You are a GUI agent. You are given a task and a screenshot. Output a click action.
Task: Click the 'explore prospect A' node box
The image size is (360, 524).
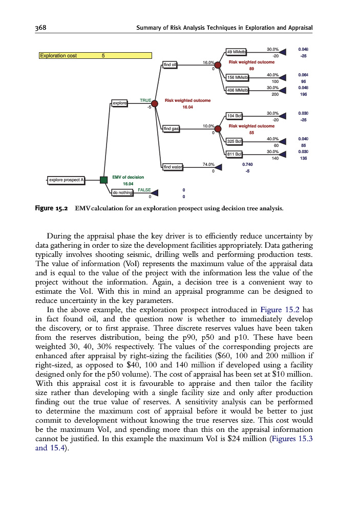pos(66,180)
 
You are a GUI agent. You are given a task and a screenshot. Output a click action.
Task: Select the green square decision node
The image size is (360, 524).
pos(103,180)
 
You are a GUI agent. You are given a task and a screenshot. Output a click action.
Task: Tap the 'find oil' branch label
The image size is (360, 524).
pos(170,64)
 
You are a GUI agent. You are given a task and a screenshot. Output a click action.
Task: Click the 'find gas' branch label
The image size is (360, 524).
pos(171,128)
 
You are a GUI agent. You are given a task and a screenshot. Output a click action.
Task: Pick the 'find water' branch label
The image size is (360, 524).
pos(173,166)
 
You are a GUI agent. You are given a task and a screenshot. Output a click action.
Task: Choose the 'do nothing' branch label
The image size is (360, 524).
pos(122,192)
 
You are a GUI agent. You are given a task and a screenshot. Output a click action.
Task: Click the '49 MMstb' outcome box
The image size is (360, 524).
pos(236,52)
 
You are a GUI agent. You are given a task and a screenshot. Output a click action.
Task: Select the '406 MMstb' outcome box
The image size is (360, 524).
pos(237,90)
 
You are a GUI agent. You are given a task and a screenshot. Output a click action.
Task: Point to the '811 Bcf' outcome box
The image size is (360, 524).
pos(235,154)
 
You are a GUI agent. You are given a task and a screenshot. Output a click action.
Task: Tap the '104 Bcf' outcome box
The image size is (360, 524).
pos(235,116)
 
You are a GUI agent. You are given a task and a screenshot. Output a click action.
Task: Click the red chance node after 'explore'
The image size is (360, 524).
pos(155,103)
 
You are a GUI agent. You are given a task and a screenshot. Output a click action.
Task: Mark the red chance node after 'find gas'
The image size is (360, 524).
pos(218,128)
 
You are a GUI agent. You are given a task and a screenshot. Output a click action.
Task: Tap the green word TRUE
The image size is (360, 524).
pos(145,100)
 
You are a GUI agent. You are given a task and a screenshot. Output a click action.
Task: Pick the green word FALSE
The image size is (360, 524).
pos(144,190)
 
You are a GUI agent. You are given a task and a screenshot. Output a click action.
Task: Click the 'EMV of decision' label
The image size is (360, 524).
pos(128,177)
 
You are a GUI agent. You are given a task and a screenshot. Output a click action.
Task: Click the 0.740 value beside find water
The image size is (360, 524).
pos(247,164)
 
